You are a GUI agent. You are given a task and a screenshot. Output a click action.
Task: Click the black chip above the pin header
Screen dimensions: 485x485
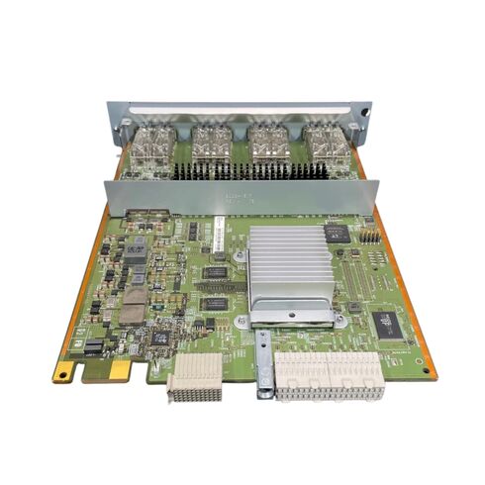click(x=337, y=233)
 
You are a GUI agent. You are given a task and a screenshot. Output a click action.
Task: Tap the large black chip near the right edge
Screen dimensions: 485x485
click(x=384, y=322)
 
